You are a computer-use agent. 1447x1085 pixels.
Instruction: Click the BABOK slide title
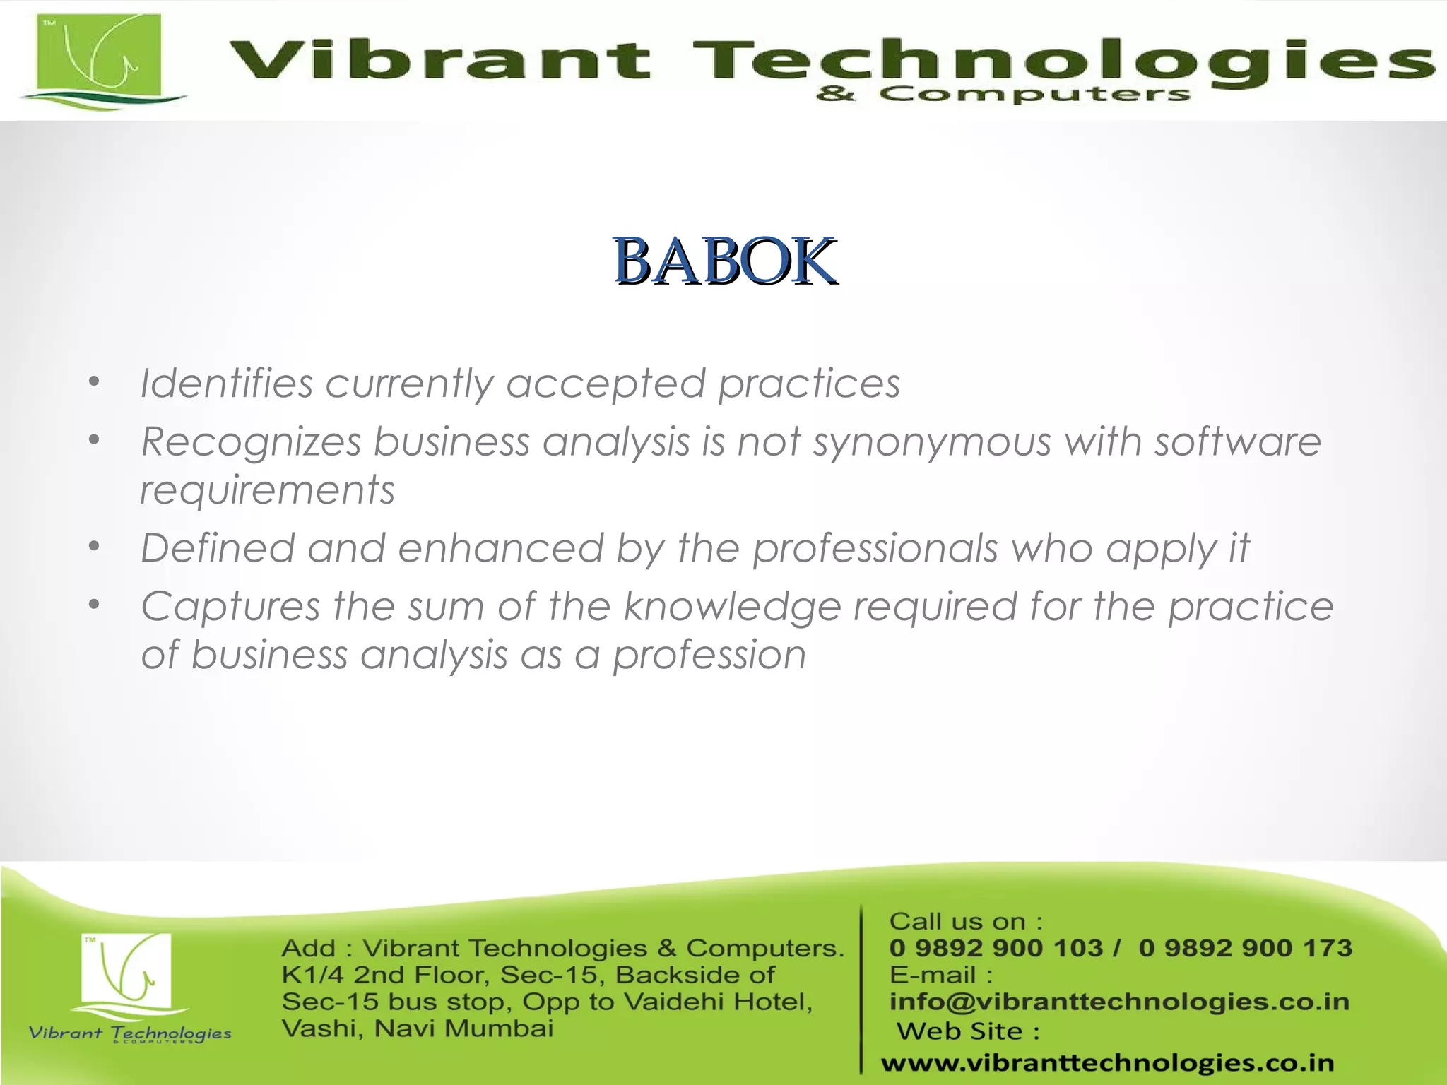pyautogui.click(x=725, y=262)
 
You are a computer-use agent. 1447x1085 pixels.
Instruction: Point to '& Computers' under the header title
pyautogui.click(x=1003, y=94)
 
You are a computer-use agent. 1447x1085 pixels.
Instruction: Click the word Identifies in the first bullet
pyautogui.click(x=226, y=384)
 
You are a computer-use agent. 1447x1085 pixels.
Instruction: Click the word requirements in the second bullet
pyautogui.click(x=267, y=490)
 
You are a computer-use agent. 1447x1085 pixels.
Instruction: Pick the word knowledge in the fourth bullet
pyautogui.click(x=732, y=607)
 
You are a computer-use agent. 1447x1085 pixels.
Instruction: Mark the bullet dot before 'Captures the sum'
pyautogui.click(x=95, y=605)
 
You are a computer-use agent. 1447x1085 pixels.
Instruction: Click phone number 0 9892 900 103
pyautogui.click(x=996, y=948)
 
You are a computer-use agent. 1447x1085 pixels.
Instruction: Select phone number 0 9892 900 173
pyautogui.click(x=1245, y=948)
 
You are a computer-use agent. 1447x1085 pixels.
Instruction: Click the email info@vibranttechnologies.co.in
pyautogui.click(x=1119, y=1002)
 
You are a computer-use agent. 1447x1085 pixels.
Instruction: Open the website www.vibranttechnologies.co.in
pyautogui.click(x=1107, y=1062)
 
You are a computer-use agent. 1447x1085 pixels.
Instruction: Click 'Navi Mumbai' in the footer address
pyautogui.click(x=463, y=1028)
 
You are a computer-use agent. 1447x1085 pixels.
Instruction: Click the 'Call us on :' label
pyautogui.click(x=965, y=921)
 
